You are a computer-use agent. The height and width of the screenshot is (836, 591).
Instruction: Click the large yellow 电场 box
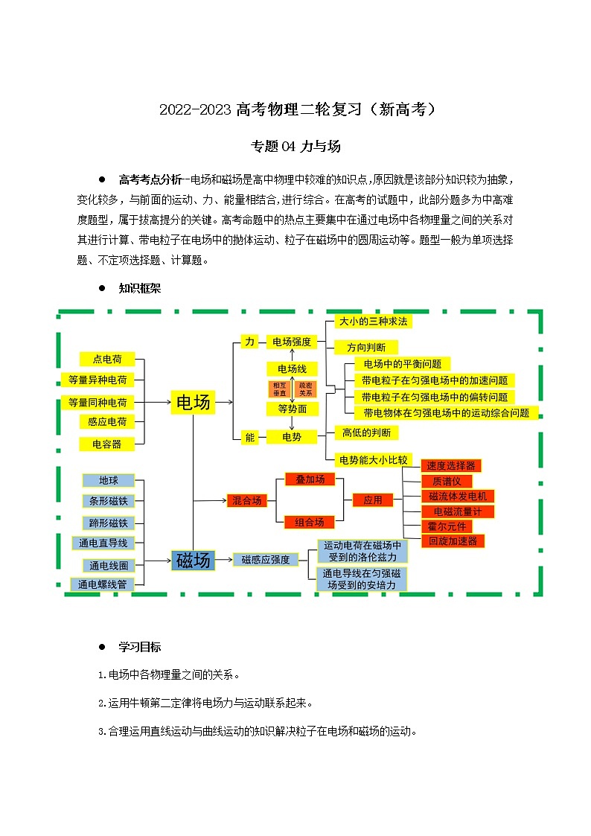[x=193, y=403]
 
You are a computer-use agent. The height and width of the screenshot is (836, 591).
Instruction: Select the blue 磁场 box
[x=193, y=561]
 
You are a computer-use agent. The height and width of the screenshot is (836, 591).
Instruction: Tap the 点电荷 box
[x=107, y=359]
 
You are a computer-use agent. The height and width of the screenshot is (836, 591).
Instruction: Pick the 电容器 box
[x=107, y=444]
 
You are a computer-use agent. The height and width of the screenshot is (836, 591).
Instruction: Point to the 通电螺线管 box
[x=103, y=584]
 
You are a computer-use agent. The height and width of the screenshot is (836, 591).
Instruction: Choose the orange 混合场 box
[x=247, y=501]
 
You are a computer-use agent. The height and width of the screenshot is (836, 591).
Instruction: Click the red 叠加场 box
[x=310, y=479]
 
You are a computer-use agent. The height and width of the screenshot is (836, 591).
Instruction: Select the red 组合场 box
[x=310, y=522]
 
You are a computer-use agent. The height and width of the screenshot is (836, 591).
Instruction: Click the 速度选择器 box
[x=450, y=465]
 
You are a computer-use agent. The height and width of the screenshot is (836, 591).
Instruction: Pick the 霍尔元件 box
[x=447, y=526]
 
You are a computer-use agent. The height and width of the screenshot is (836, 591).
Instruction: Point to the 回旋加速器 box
[x=453, y=541]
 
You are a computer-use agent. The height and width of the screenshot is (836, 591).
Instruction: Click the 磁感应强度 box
[x=266, y=560]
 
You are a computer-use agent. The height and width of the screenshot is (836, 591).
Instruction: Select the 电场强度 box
[x=292, y=342]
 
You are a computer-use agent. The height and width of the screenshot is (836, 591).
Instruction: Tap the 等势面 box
[x=292, y=409]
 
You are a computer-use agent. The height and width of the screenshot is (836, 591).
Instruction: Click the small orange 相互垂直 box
[x=279, y=389]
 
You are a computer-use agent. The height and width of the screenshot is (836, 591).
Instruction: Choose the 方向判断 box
[x=366, y=347]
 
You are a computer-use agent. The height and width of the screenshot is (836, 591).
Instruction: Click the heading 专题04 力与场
[x=295, y=147]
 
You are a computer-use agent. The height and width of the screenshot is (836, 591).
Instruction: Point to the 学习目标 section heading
[x=139, y=646]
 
